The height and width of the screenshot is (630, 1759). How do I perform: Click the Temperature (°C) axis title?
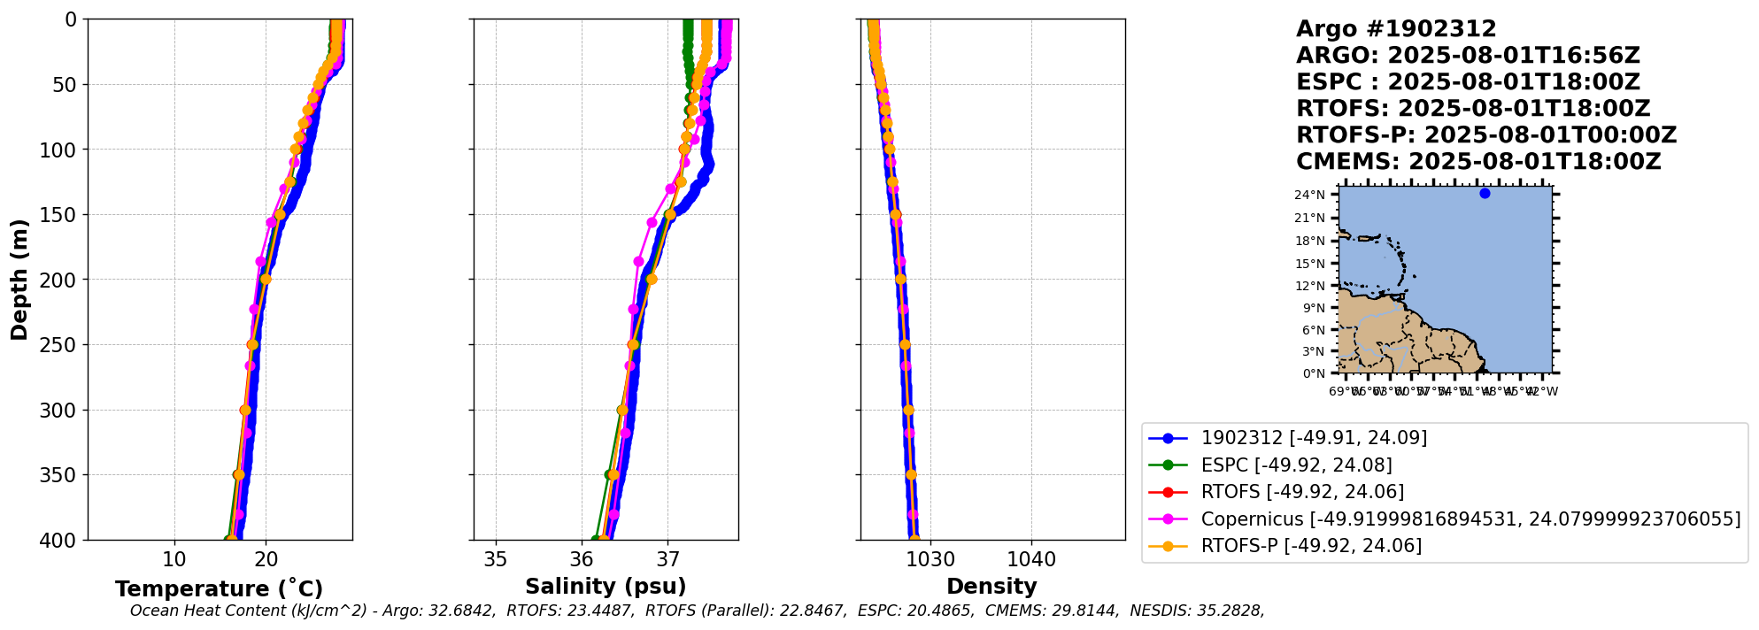pos(219,589)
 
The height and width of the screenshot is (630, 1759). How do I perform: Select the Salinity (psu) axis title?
pos(606,587)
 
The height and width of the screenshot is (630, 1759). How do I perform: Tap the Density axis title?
pos(991,587)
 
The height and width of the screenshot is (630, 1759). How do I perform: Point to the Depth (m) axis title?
pos(19,280)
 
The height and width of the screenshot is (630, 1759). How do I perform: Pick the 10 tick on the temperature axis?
pos(174,559)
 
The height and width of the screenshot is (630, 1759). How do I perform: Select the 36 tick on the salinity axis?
pos(582,559)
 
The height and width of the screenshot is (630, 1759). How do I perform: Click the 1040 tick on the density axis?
pos(1031,559)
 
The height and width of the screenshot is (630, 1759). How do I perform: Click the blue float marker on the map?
pos(1485,193)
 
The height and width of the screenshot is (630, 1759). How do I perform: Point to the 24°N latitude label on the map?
pos(1309,195)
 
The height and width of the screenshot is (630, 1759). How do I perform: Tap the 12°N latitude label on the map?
pos(1309,286)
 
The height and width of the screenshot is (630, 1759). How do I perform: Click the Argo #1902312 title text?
pos(1396,29)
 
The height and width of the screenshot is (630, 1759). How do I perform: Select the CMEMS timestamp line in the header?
pos(1478,162)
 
